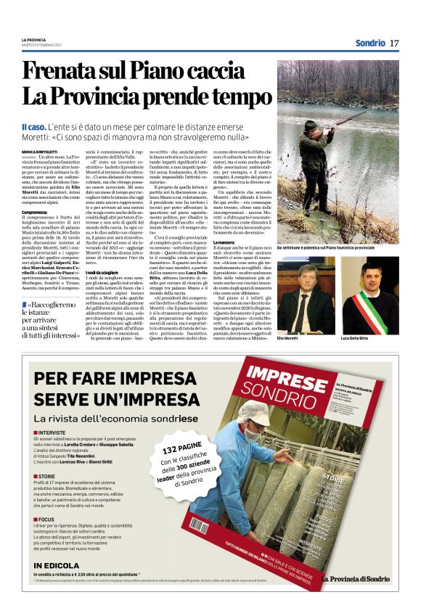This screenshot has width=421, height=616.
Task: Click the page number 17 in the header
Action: pos(394,43)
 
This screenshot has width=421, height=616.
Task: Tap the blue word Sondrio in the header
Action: pos(370,43)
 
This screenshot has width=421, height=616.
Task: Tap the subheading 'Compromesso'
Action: pos(34,211)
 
